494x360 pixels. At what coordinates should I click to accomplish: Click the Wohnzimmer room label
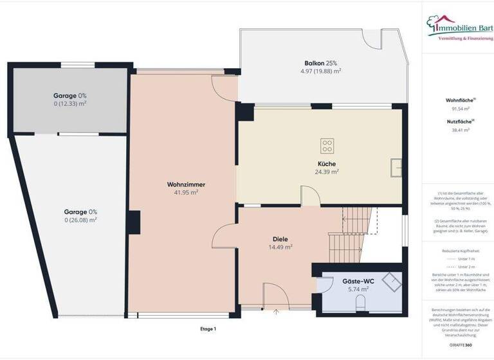(182, 184)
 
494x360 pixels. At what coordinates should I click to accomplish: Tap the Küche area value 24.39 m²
(327, 172)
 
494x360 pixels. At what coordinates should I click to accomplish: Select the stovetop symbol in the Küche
(326, 144)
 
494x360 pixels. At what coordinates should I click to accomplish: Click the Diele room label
(280, 239)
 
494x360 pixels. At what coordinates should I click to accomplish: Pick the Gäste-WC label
(358, 281)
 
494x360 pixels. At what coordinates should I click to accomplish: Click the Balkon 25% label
(321, 63)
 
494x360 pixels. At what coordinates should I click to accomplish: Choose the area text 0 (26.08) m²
(80, 220)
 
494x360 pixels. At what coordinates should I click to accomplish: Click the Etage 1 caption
(208, 328)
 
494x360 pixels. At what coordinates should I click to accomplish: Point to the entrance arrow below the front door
(277, 312)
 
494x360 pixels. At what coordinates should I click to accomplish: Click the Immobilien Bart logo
(457, 27)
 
